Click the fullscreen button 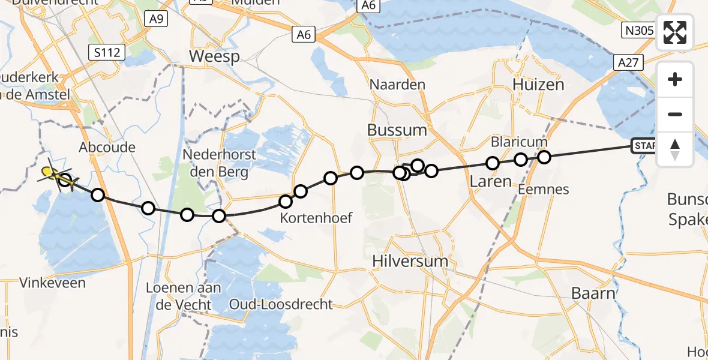(x=675, y=32)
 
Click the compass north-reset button (x=675, y=149)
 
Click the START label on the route (x=643, y=146)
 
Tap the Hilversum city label (x=410, y=261)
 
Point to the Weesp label (x=214, y=57)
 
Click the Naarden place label (x=397, y=85)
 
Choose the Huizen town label (x=538, y=85)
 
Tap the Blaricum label (x=519, y=142)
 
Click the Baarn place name (x=593, y=293)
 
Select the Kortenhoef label (x=316, y=218)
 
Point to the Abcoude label (x=107, y=147)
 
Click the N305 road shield (x=638, y=30)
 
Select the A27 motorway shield (x=629, y=62)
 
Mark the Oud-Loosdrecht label (x=281, y=304)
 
